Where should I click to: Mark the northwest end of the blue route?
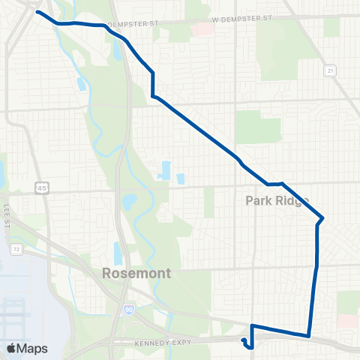(37, 13)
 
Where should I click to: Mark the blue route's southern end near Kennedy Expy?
(244, 341)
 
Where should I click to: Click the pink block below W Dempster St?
(201, 29)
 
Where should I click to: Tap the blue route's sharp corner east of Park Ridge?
(322, 218)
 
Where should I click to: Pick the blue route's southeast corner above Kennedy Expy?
(308, 335)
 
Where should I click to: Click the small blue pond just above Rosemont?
(118, 252)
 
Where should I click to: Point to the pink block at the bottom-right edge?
(346, 321)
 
